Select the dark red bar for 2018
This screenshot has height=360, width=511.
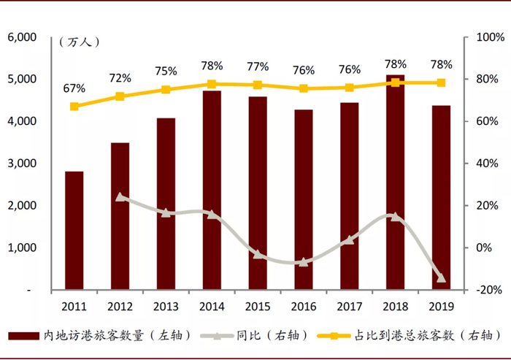pyautogui.click(x=395, y=183)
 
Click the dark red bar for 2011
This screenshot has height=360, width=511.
pyautogui.click(x=74, y=231)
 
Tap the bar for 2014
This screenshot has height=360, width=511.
pyautogui.click(x=212, y=190)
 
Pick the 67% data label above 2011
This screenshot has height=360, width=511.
pyautogui.click(x=74, y=88)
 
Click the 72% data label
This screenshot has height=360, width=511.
pyautogui.click(x=120, y=78)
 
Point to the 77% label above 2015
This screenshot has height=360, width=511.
pyautogui.click(x=258, y=66)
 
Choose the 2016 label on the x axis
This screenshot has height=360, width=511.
pyautogui.click(x=303, y=306)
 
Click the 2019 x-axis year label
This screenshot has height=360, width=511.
pyautogui.click(x=440, y=306)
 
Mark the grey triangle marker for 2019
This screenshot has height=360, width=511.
pyautogui.click(x=440, y=277)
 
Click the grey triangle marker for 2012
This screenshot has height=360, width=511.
pyautogui.click(x=120, y=197)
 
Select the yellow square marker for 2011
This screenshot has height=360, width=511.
pyautogui.click(x=74, y=107)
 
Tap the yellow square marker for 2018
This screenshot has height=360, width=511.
pyautogui.click(x=395, y=83)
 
